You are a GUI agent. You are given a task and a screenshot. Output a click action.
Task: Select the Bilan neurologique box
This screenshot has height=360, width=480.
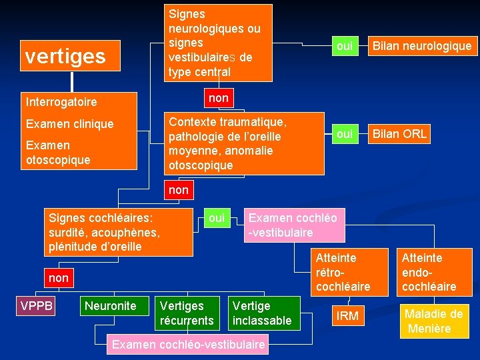421,46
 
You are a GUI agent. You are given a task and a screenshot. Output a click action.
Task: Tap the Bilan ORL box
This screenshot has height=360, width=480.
399,134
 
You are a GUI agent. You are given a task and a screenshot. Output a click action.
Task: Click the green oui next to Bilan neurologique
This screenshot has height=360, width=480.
345,46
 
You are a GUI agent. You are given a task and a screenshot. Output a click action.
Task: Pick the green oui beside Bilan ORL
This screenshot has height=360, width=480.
345,134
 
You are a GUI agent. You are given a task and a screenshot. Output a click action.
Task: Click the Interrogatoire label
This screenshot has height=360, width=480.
61,102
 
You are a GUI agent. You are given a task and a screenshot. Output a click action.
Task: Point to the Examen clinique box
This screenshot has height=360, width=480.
69,124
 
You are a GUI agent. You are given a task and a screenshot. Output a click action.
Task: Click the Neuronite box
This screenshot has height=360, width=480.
109,306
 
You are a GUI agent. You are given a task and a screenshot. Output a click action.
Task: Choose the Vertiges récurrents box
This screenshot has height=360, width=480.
187,313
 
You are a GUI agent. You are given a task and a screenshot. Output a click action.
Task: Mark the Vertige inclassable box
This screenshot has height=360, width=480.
262,313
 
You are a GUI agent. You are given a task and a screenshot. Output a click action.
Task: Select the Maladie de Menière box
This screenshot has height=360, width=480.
433,321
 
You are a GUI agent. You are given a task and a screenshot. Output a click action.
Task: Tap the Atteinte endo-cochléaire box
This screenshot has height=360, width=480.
429,272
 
